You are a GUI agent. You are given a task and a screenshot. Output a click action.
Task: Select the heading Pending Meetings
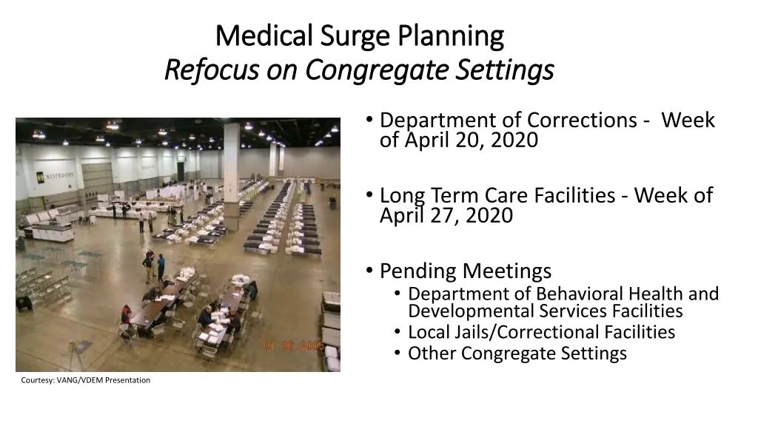pos(465,271)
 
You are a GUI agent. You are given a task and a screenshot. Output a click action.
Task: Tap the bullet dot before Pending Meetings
pos(369,271)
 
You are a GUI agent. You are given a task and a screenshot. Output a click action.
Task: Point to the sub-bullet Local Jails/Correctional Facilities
pos(541,332)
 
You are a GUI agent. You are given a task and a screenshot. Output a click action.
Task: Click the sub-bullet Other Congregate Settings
pos(517,354)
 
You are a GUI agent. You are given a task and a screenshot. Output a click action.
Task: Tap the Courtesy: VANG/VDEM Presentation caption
pos(85,380)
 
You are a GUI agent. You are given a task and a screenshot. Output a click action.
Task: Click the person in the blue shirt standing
pos(161,266)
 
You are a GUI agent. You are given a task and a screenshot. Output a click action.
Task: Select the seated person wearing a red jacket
pos(127,314)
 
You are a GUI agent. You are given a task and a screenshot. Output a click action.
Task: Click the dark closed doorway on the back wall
pos(180,172)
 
